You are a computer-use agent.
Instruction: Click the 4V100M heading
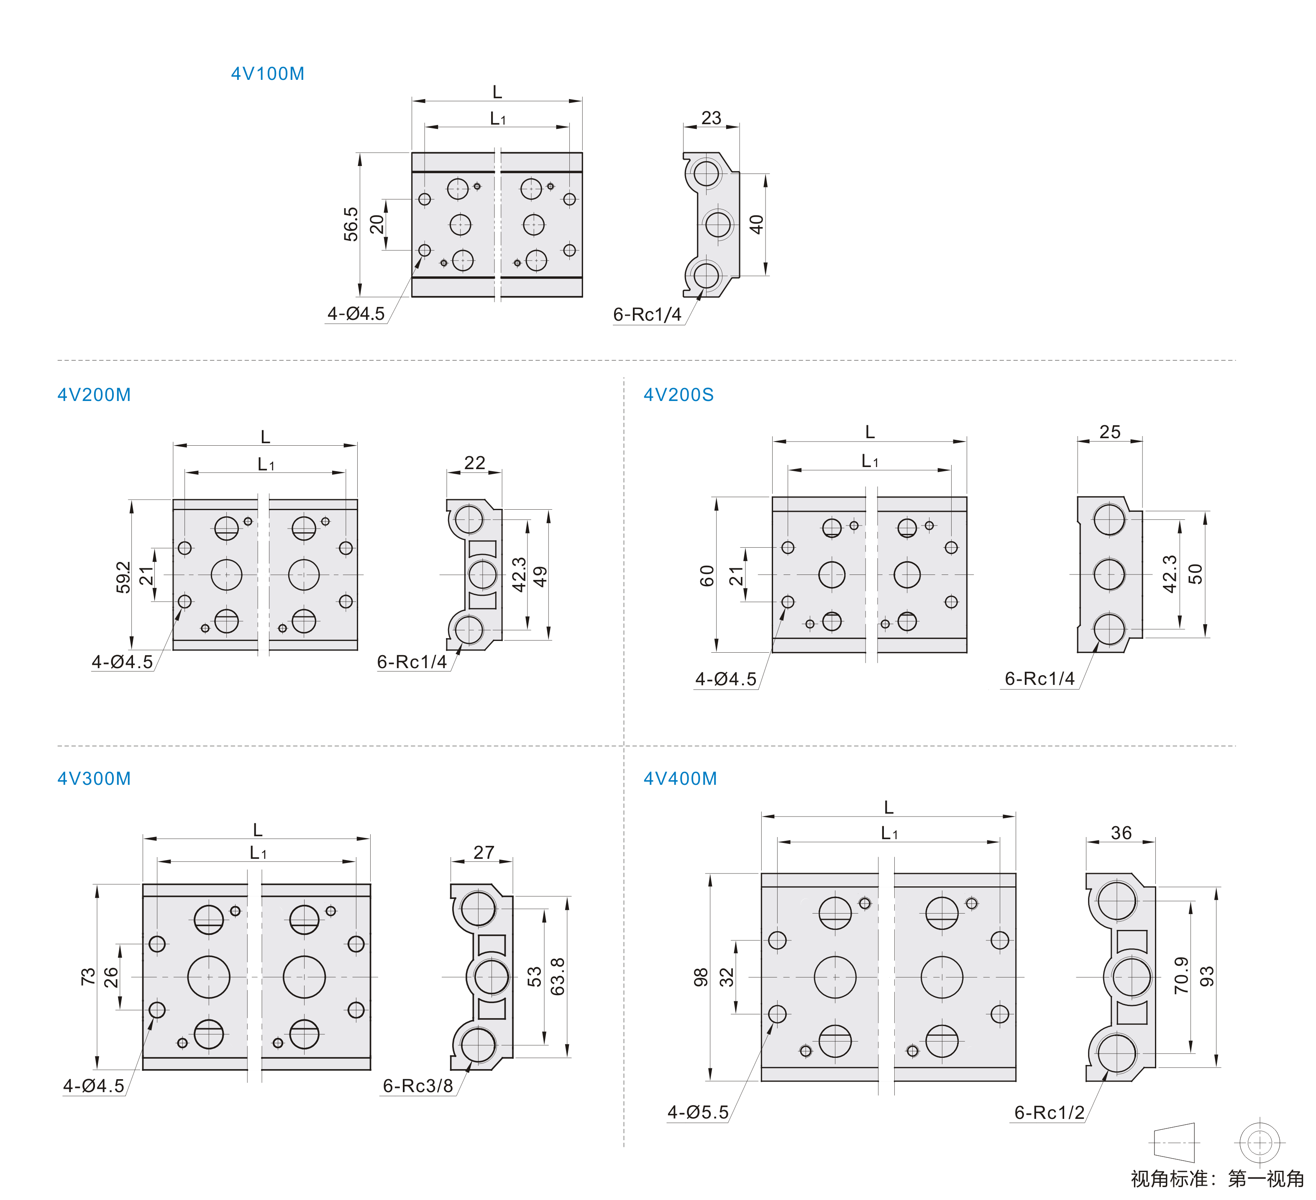[x=268, y=74]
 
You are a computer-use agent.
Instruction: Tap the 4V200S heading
[x=679, y=395]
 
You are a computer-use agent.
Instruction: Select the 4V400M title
[x=680, y=779]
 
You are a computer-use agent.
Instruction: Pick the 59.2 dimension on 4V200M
[x=123, y=577]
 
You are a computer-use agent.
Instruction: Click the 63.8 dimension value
[x=558, y=976]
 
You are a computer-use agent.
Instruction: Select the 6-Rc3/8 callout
[x=418, y=1086]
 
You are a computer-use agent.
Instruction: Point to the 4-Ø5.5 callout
[x=698, y=1112]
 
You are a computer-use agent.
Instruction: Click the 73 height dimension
[x=88, y=977]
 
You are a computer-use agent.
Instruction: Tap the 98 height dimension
[x=700, y=977]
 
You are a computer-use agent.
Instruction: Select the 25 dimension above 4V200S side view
[x=1110, y=432]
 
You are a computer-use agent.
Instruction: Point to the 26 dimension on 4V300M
[x=112, y=977]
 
